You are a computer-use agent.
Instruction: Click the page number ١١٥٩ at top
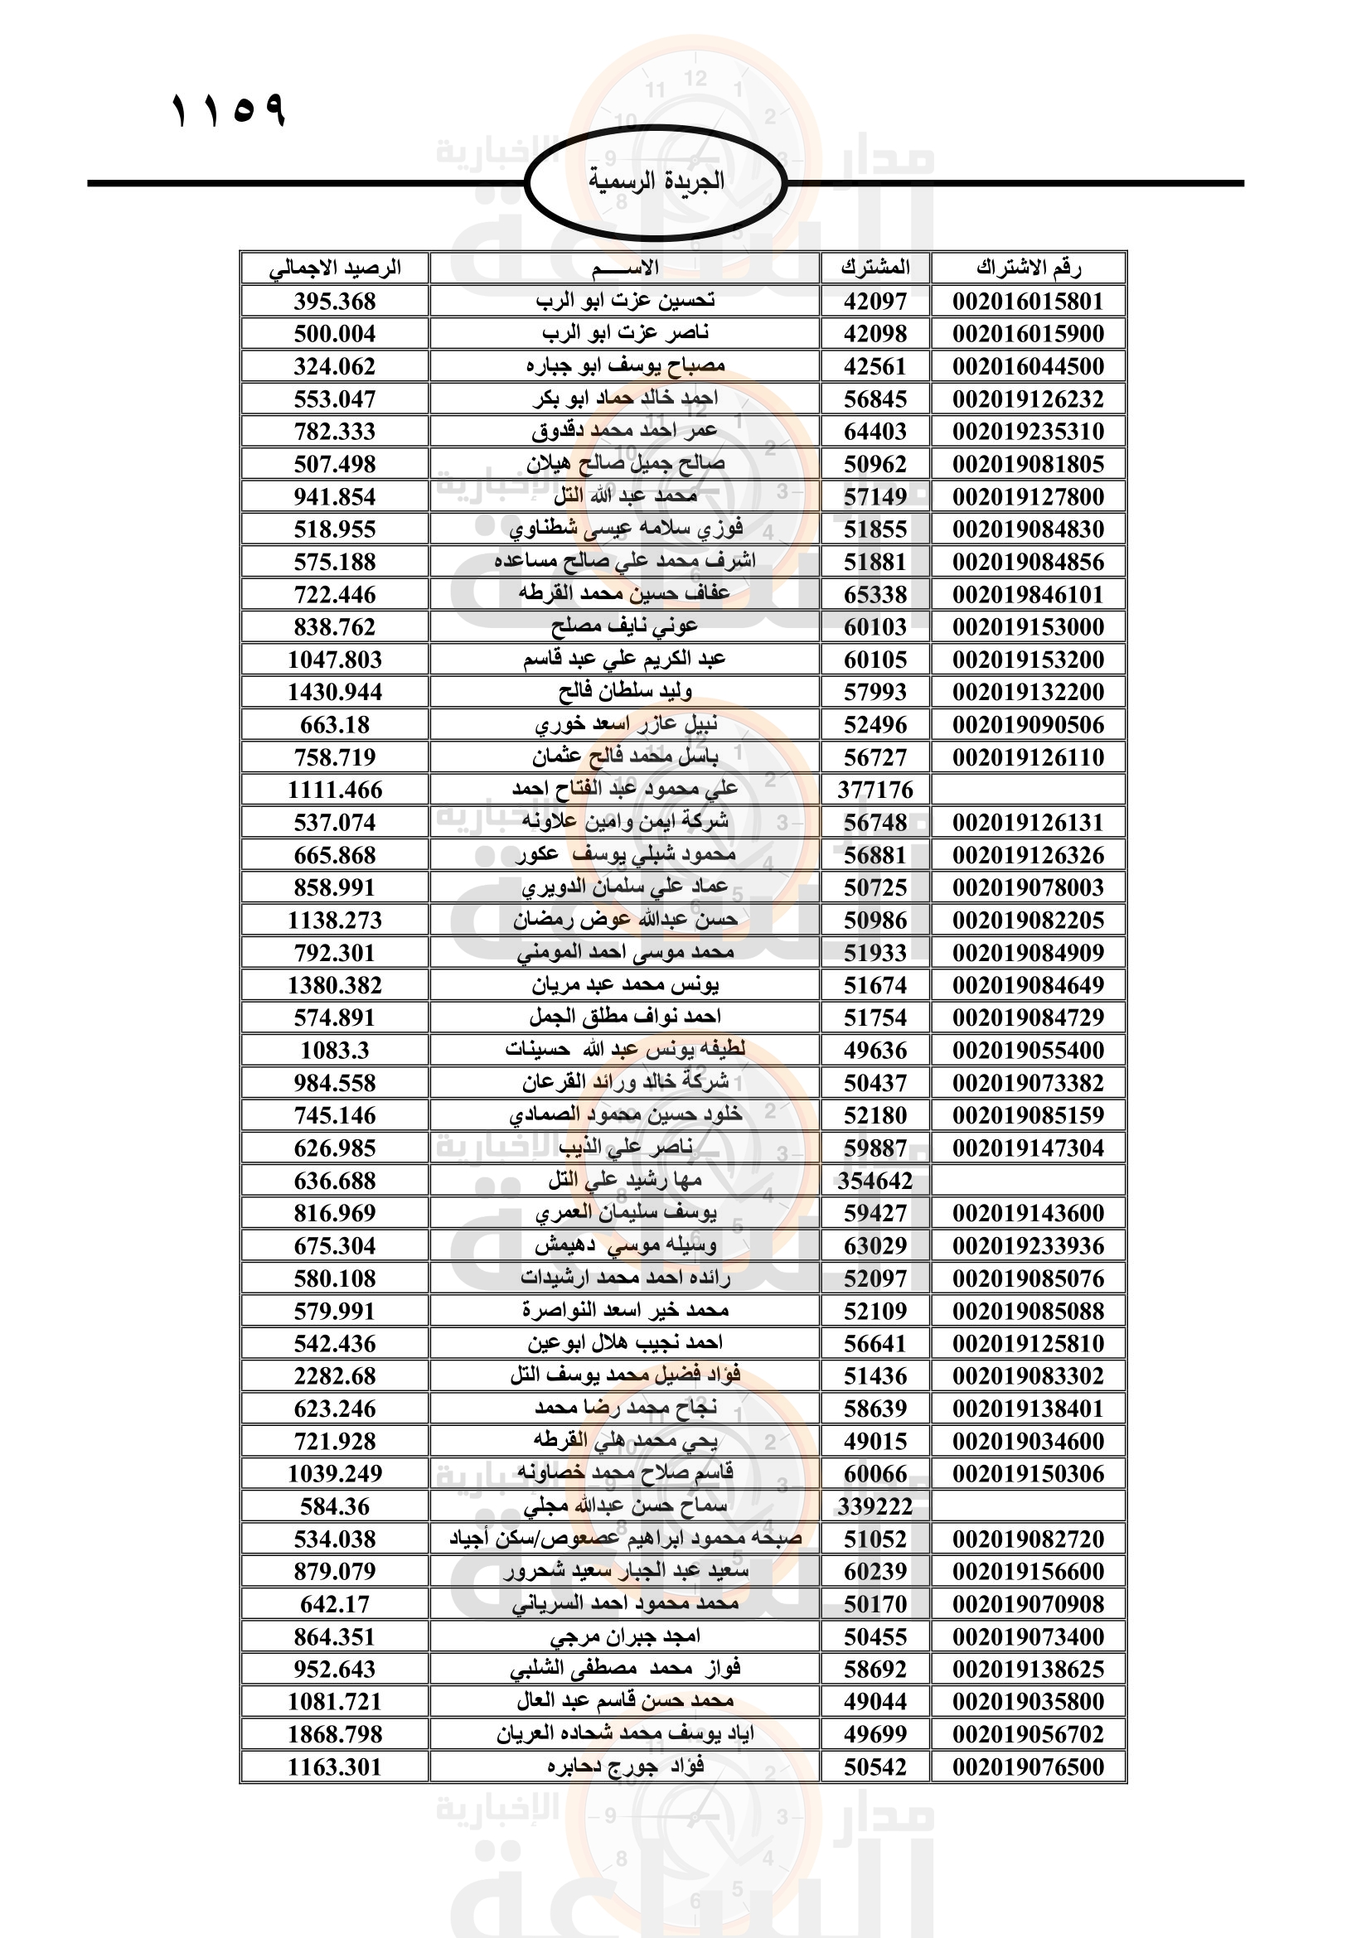point(229,110)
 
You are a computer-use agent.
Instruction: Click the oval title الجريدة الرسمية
point(656,181)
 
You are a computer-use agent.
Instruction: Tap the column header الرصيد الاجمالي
point(334,268)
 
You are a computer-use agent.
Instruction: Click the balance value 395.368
point(334,302)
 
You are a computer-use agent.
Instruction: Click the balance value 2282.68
point(334,1377)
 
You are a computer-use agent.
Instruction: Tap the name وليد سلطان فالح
point(625,692)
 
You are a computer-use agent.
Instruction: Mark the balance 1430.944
point(334,692)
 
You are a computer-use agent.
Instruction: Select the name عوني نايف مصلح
point(625,626)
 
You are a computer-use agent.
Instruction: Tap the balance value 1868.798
point(334,1734)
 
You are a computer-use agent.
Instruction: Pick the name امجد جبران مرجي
point(625,1636)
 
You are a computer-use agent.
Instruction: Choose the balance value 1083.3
point(334,1051)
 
